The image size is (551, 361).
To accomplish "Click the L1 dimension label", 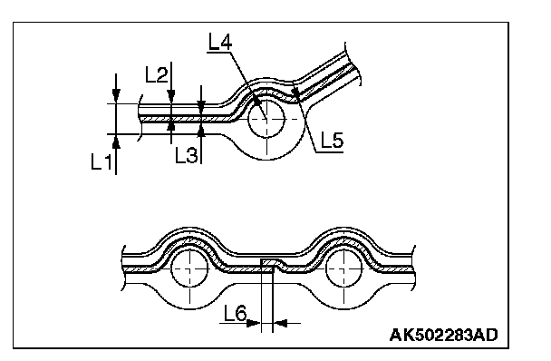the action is tap(101, 162).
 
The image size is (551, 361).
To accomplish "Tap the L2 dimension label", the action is tap(157, 75).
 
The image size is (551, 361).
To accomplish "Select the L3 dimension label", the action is tap(187, 155).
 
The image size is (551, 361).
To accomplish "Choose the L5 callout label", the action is tap(332, 140).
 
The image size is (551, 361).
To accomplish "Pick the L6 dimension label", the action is tap(236, 313).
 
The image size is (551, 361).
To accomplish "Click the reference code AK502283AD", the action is tap(443, 335).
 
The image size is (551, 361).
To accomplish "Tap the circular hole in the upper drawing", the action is tap(266, 119).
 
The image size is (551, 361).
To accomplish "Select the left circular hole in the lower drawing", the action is tap(189, 269).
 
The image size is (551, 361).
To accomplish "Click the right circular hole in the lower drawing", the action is tap(343, 269).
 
